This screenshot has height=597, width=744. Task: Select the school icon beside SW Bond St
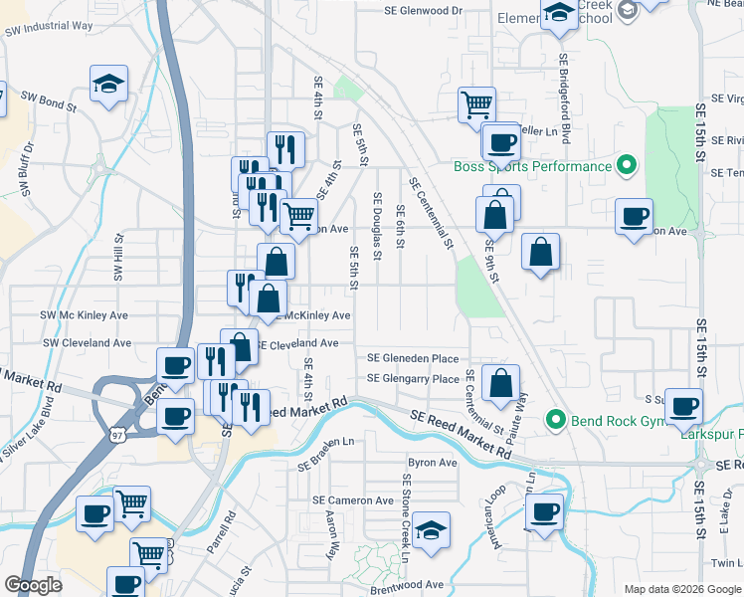(x=109, y=85)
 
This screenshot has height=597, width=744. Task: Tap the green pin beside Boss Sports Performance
(x=627, y=165)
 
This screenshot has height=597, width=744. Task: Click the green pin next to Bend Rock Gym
(x=558, y=422)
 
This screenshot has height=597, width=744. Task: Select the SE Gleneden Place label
(x=413, y=358)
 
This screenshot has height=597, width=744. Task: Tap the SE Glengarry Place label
(x=413, y=378)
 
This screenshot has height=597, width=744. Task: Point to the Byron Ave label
(x=433, y=463)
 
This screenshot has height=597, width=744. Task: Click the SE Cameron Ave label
(x=353, y=500)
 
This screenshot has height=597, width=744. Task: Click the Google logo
(x=34, y=585)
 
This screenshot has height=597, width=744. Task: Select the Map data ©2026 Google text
(x=681, y=589)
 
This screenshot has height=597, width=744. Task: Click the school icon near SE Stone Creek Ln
(x=432, y=529)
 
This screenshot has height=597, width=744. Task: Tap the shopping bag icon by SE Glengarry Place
(x=501, y=382)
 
